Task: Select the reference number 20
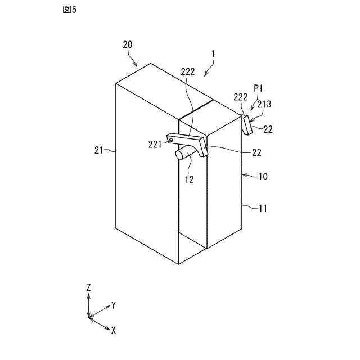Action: (x=128, y=45)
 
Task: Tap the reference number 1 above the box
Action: (x=213, y=54)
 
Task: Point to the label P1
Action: (x=259, y=88)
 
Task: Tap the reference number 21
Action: (x=100, y=150)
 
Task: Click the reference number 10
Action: (x=263, y=176)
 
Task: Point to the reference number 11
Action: (x=263, y=208)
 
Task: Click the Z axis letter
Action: (x=88, y=287)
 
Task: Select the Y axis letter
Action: (x=114, y=305)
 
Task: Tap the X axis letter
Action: (x=114, y=331)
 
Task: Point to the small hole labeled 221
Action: (x=170, y=140)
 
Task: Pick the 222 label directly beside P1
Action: (x=240, y=97)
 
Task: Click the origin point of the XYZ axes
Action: (x=89, y=318)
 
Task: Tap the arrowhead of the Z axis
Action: (x=88, y=295)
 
